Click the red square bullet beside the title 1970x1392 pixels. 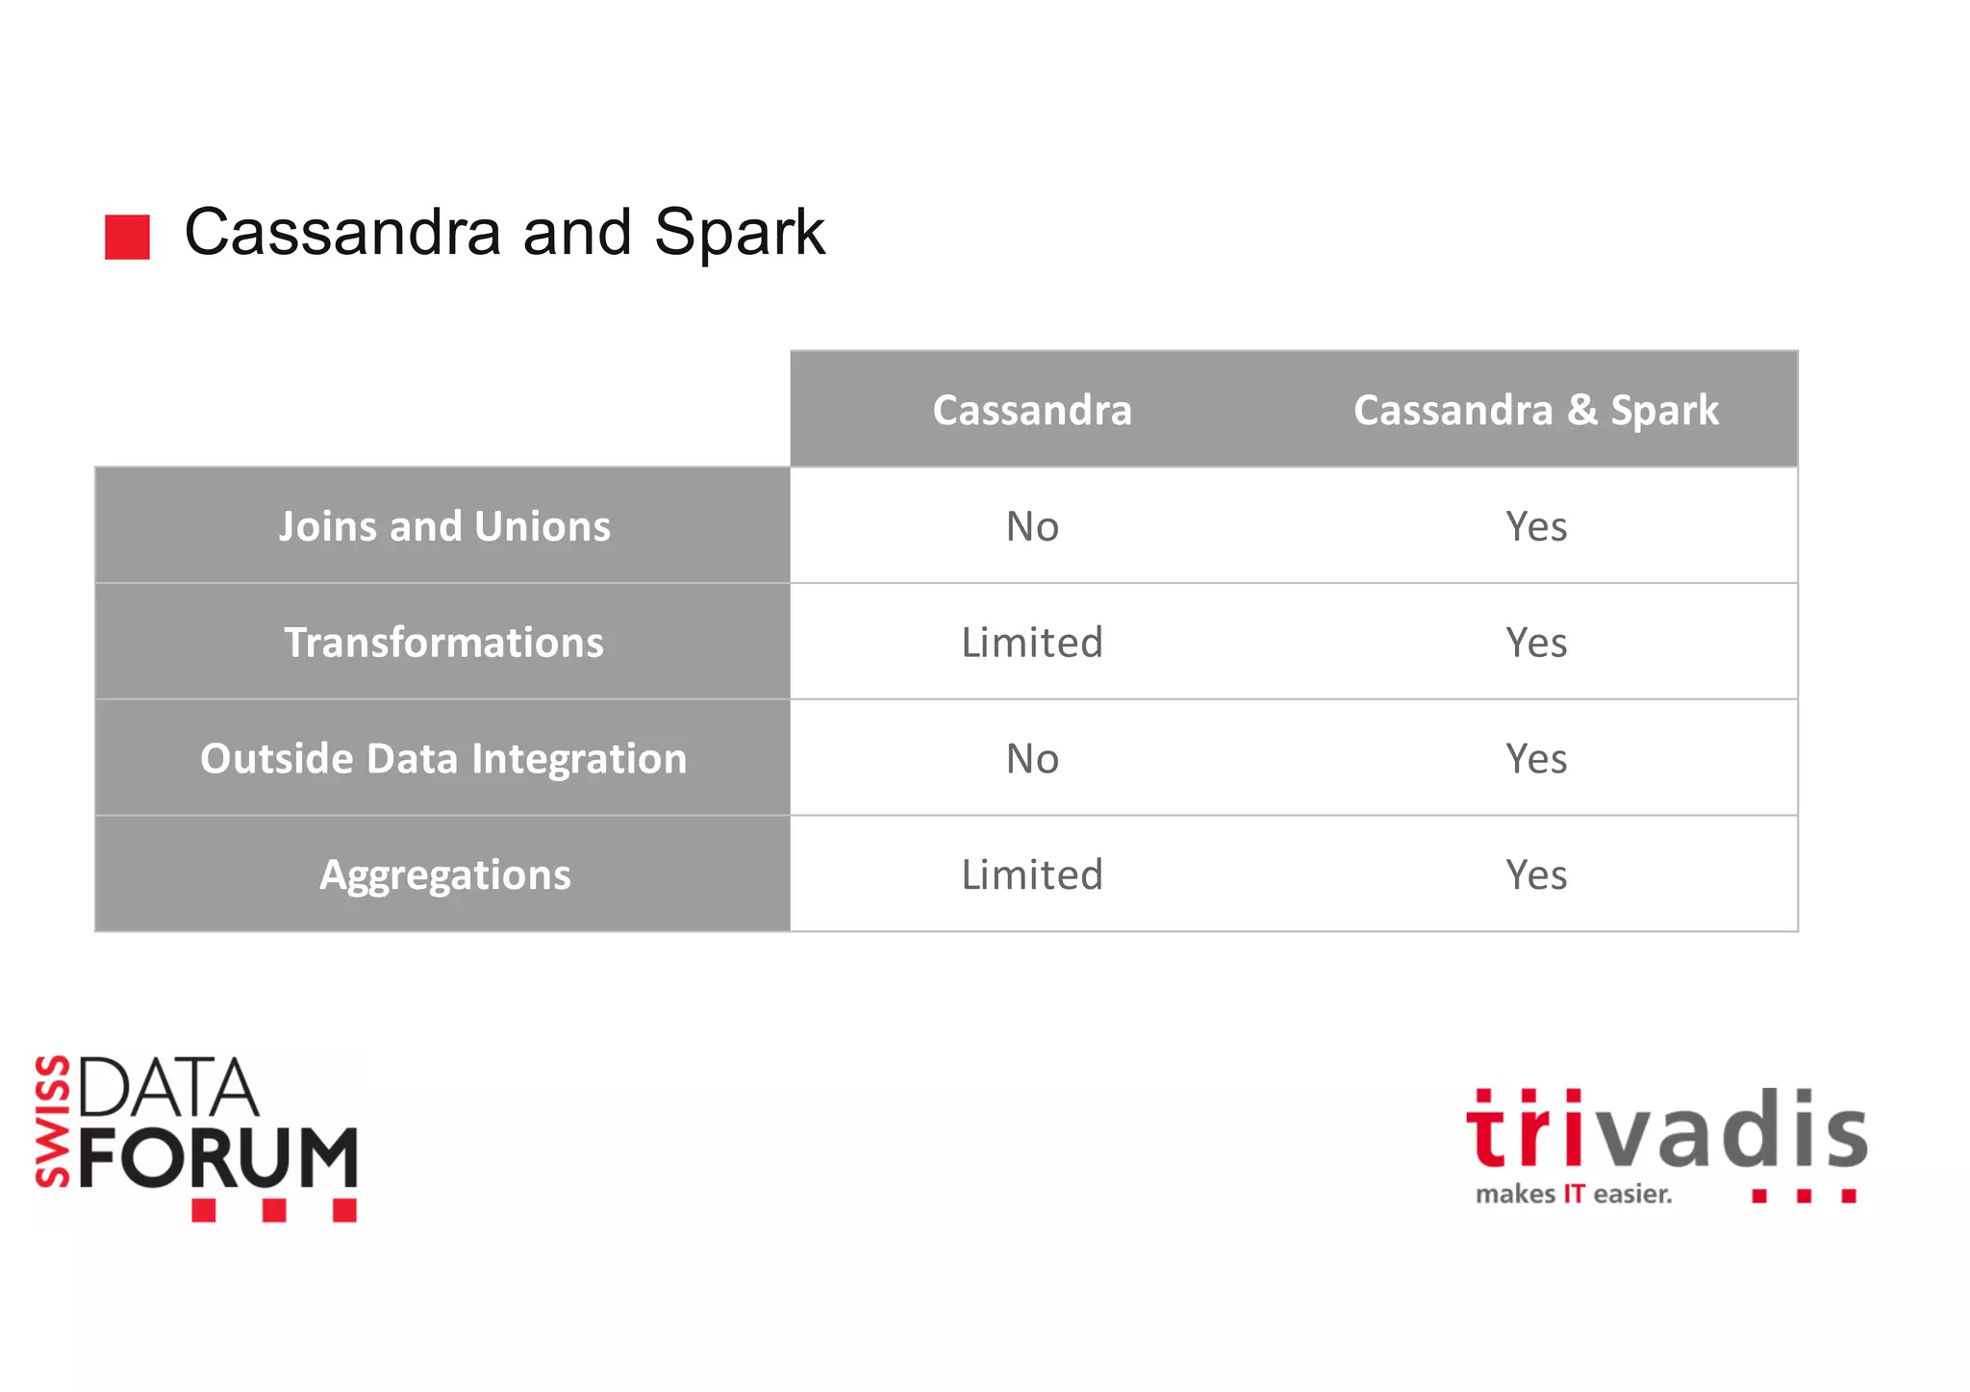(127, 237)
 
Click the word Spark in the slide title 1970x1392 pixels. (739, 233)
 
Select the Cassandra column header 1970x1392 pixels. (1032, 410)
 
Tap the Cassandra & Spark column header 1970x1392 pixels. (1535, 410)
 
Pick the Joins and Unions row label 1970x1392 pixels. (443, 526)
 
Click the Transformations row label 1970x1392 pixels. (443, 643)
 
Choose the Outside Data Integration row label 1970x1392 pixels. (443, 759)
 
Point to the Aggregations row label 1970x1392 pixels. (443, 875)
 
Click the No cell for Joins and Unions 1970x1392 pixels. (1032, 526)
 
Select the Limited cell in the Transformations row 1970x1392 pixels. (1032, 643)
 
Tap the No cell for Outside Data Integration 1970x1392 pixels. (1032, 759)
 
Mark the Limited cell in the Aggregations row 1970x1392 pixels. (1032, 875)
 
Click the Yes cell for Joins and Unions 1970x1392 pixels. (1535, 526)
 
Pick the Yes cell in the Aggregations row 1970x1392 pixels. (1535, 875)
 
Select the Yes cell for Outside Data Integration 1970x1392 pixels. (1535, 759)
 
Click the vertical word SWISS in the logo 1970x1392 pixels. (53, 1122)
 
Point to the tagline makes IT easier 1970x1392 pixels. (1574, 1195)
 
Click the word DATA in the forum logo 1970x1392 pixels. (168, 1088)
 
